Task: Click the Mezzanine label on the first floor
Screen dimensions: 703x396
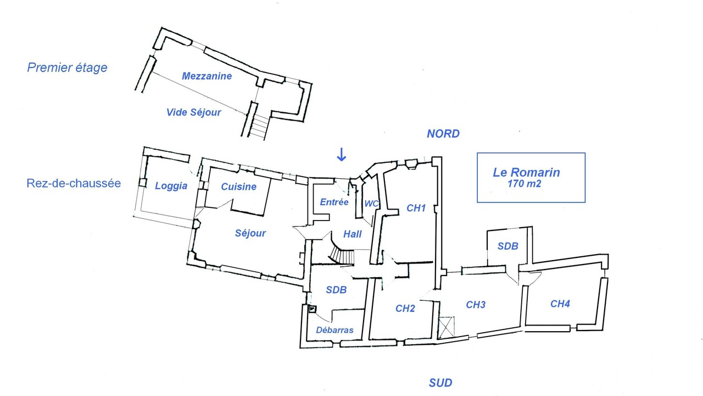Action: (207, 76)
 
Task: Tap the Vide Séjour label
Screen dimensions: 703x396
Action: (194, 113)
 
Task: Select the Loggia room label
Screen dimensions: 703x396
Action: (171, 186)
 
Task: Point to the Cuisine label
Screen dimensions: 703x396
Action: (238, 186)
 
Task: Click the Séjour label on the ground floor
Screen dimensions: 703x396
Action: (250, 233)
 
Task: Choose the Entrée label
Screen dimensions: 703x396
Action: (334, 202)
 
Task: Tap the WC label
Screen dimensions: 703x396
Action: (371, 204)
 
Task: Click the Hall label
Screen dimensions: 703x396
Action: (352, 234)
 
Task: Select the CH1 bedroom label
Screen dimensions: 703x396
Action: (416, 208)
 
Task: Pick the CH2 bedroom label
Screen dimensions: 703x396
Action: (405, 309)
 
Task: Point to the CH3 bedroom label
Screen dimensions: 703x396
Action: (476, 305)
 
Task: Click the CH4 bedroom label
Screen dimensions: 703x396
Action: (560, 304)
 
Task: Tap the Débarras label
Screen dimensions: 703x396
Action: (334, 330)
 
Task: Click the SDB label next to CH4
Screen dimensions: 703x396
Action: (508, 246)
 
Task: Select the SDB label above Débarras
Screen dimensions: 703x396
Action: (336, 290)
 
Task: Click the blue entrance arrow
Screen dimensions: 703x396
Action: (342, 155)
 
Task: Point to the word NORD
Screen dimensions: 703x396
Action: (443, 134)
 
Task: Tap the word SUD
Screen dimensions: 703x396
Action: (440, 383)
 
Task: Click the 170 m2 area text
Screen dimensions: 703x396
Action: (524, 184)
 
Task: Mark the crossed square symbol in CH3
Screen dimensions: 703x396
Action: (447, 327)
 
